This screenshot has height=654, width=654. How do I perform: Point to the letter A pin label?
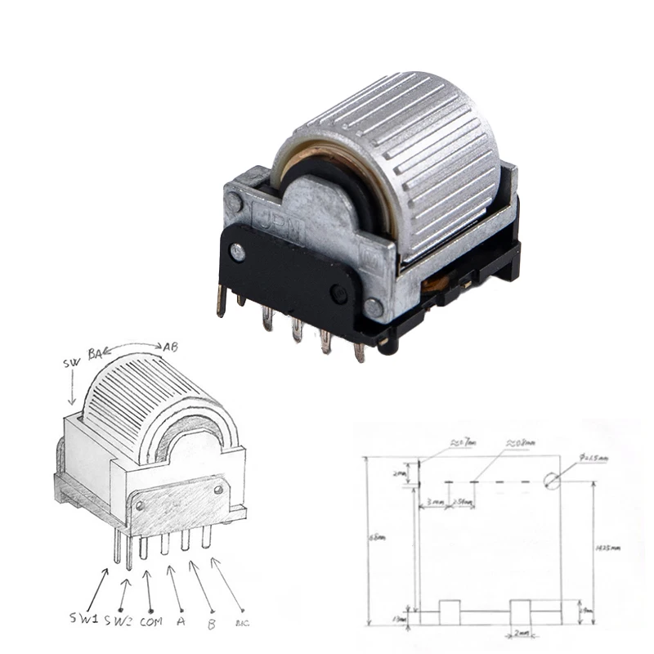pos(179,620)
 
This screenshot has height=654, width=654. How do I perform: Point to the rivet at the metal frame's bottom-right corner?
pos(374,308)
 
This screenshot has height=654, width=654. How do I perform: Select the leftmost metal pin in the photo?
pos(221,301)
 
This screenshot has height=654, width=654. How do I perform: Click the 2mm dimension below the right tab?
pos(522,633)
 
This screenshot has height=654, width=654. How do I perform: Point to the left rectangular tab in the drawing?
pos(449,611)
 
